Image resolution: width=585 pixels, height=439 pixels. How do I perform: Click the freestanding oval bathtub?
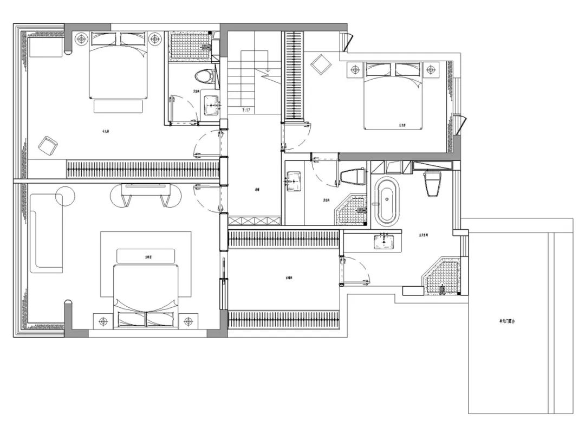(387, 201)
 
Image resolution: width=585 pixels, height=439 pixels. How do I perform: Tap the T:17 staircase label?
(246, 111)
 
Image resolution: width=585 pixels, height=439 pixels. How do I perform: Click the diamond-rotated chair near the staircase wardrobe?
(320, 65)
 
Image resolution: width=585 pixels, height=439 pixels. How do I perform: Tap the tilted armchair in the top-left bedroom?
(48, 145)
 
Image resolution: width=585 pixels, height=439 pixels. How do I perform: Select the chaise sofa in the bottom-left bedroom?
(45, 234)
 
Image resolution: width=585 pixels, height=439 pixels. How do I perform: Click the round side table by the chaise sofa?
(64, 196)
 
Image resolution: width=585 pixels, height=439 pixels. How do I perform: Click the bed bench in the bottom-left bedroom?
(146, 256)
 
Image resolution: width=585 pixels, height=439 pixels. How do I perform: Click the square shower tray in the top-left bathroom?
(189, 46)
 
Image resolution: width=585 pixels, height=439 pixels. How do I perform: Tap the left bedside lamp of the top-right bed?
(355, 69)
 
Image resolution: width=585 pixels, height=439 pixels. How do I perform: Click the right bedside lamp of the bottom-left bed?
(188, 321)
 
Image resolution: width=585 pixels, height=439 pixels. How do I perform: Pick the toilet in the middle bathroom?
(353, 177)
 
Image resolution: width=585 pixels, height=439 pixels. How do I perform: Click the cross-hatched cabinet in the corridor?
(254, 221)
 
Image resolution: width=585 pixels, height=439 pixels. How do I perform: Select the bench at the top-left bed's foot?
(118, 106)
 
